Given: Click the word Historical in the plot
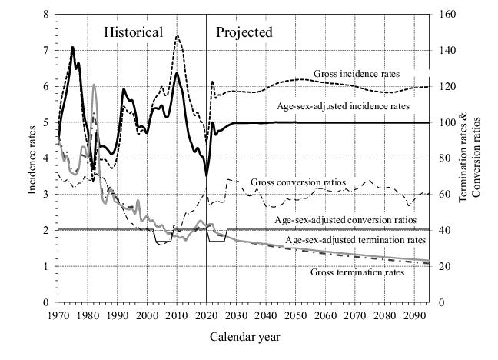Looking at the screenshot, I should click(x=134, y=32).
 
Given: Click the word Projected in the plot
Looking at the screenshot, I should click(x=244, y=32).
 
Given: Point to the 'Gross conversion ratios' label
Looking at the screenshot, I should click(x=298, y=182).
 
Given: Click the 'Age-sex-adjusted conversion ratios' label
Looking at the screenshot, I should click(x=345, y=220).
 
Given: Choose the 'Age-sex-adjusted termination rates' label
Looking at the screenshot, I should click(x=355, y=241).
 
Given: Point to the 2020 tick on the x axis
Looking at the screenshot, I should click(x=207, y=315).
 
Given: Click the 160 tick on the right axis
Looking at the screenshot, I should click(x=443, y=15).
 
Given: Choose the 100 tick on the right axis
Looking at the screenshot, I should click(x=443, y=122).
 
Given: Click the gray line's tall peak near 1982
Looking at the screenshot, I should click(x=94, y=85).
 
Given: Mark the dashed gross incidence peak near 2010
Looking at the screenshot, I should click(x=178, y=35).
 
